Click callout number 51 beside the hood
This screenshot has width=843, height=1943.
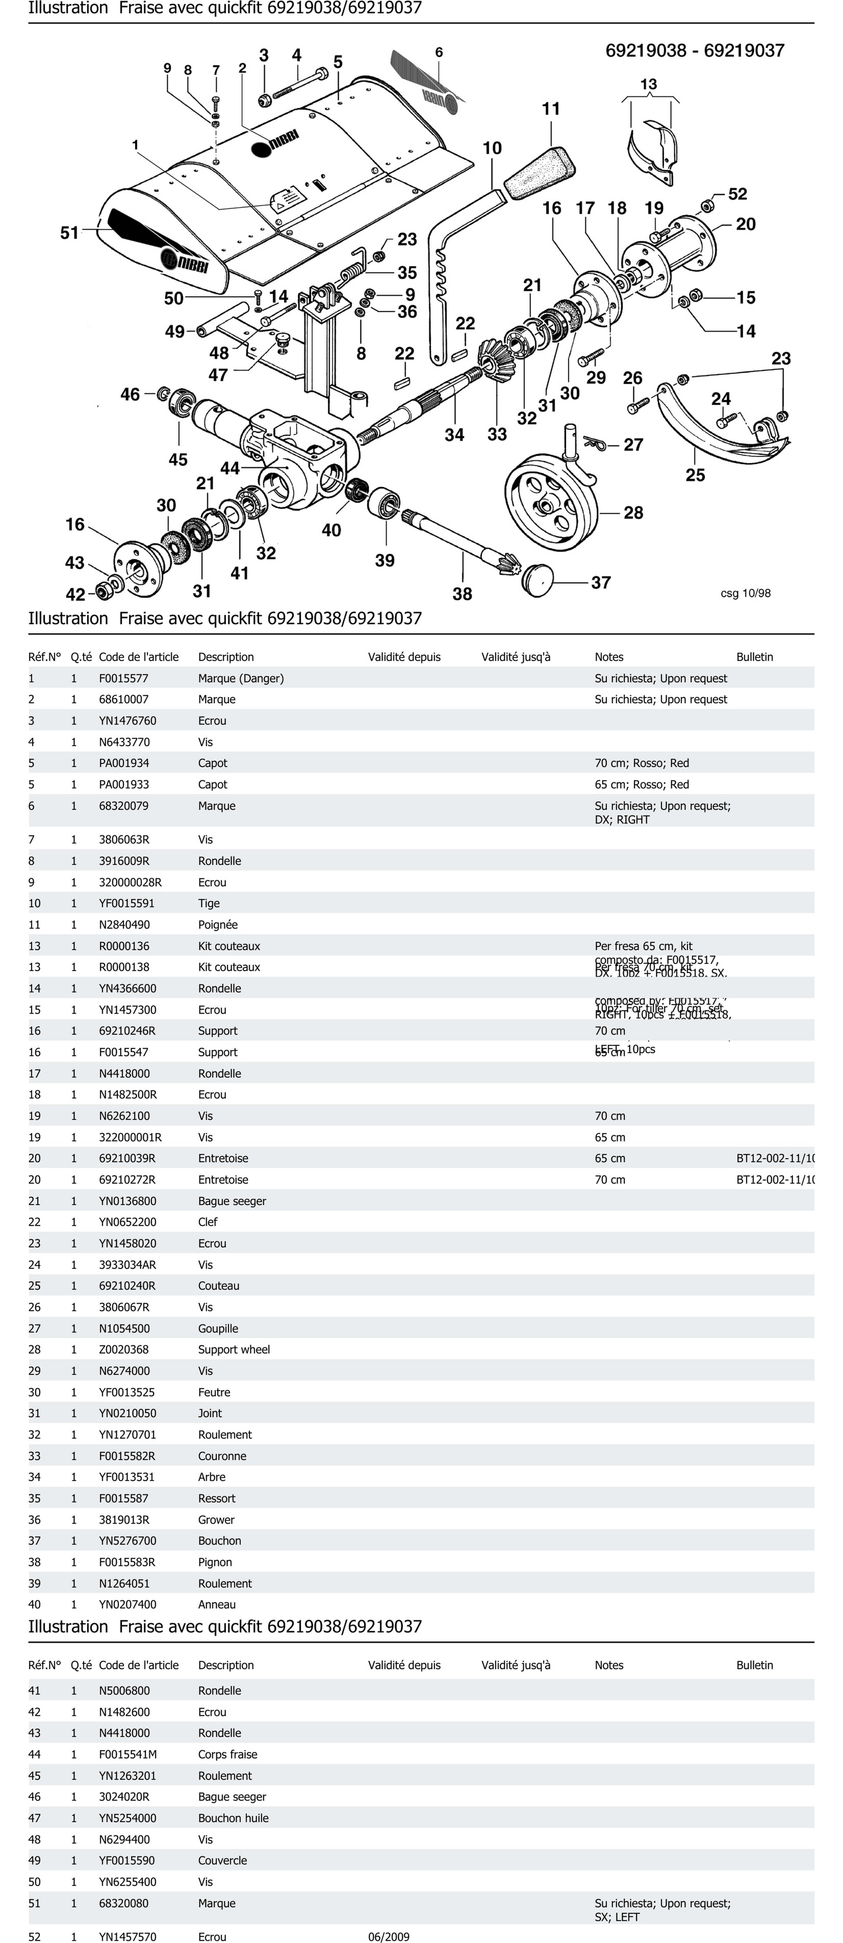click(x=69, y=233)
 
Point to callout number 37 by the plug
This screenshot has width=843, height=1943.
click(x=601, y=582)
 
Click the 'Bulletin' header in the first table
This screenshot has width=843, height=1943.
click(x=755, y=657)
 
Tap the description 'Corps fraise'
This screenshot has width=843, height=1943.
click(x=228, y=1754)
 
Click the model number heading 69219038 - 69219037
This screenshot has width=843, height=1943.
click(x=694, y=50)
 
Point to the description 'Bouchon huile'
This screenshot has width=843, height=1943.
click(x=233, y=1818)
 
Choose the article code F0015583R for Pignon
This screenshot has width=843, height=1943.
click(x=127, y=1562)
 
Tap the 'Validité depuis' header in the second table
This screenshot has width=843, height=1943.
click(x=404, y=1665)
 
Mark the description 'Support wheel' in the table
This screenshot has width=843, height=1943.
click(x=234, y=1349)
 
